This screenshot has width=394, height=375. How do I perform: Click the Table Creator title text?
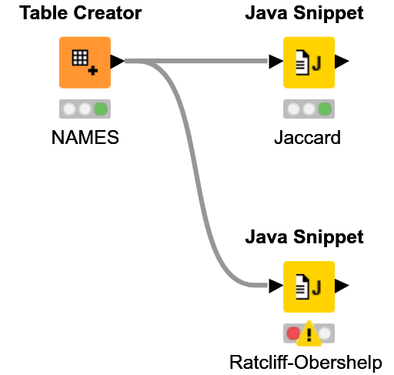[x=82, y=13]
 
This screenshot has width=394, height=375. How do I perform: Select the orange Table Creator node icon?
[x=85, y=62]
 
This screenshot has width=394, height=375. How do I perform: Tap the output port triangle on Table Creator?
[x=117, y=62]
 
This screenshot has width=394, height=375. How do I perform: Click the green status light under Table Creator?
[x=100, y=109]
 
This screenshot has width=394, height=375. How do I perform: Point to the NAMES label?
[x=85, y=138]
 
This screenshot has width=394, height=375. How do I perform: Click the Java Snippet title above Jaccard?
[x=304, y=13]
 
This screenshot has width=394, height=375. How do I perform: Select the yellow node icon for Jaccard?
[x=309, y=62]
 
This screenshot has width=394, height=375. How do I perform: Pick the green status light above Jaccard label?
[x=324, y=109]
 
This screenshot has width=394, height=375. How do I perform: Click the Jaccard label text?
[x=307, y=138]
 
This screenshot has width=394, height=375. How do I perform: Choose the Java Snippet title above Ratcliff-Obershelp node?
[x=304, y=238]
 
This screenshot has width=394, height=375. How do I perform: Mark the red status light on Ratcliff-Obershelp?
[x=293, y=334]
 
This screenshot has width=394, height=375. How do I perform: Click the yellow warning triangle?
[x=309, y=333]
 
